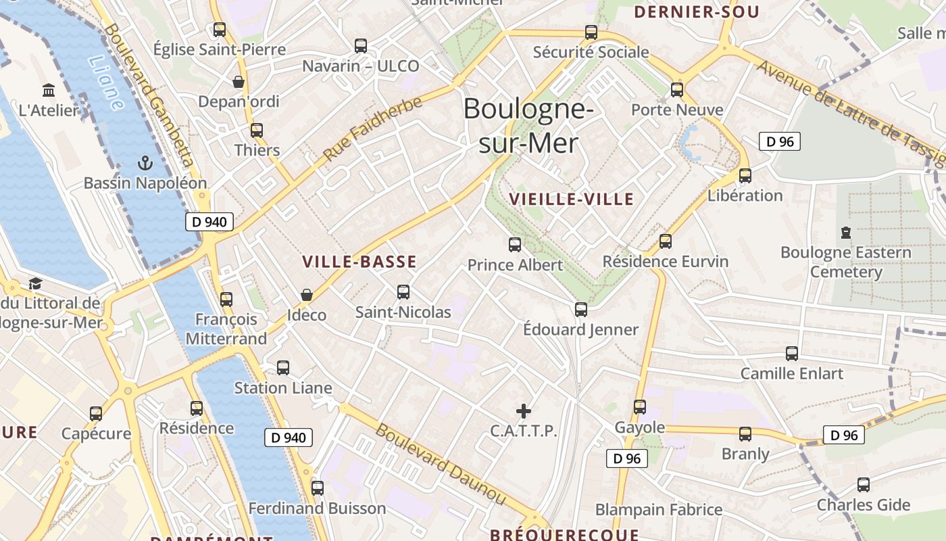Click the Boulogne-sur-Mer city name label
coord(528,126)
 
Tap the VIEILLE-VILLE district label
coord(572,199)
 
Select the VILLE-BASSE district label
coord(359,262)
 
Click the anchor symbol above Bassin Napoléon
coord(144,163)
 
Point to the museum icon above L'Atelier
coord(49,90)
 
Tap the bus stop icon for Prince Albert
coord(515,245)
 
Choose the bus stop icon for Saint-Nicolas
coord(403,292)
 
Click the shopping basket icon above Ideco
coord(307,295)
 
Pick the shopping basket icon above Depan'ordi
coord(239,82)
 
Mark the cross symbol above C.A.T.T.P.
coord(524,410)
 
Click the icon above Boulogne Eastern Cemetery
coord(845,233)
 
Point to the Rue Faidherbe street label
coord(372,129)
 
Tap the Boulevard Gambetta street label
coord(149,95)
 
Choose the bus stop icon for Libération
coord(745,176)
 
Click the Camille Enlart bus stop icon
coord(792,353)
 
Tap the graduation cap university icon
coord(35,283)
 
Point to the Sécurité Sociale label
coord(591,52)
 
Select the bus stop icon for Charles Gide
coord(864,485)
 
